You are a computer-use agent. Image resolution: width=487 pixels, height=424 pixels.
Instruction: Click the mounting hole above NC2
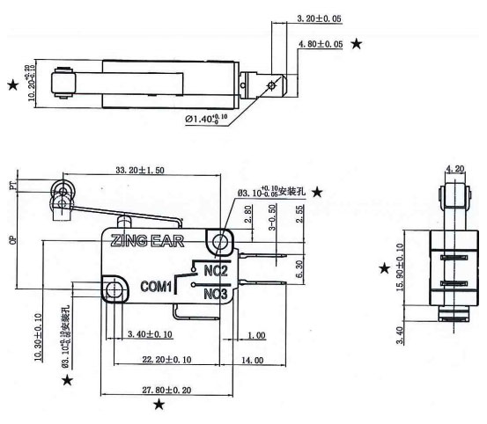(218, 240)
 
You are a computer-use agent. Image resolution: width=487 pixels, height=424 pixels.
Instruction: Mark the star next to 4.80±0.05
(357, 43)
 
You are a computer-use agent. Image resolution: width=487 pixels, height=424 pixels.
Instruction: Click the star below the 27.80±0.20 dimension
(158, 404)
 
